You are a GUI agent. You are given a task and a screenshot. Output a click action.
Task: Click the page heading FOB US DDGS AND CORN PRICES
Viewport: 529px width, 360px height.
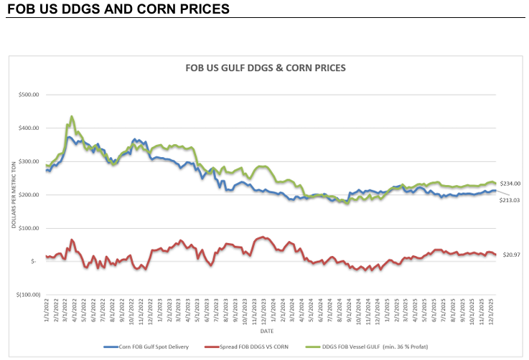coord(118,9)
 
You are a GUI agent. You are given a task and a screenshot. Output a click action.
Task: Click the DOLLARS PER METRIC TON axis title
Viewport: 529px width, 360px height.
coord(14,194)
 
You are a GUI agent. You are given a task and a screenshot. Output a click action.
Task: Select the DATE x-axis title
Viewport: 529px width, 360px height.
coord(267,331)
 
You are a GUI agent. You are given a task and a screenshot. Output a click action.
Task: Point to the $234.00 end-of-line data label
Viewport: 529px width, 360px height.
coord(510,184)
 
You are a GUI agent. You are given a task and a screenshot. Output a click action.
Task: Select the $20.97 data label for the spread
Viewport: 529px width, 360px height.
coord(510,255)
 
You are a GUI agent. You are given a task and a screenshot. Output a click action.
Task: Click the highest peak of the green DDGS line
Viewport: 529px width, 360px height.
coord(72,116)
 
